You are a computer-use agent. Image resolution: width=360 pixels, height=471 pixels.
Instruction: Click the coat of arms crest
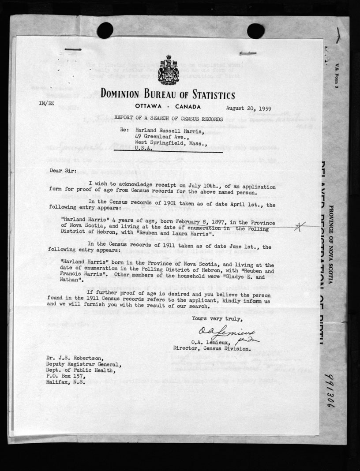tap(168, 70)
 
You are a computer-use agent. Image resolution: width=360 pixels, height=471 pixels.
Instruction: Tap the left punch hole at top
tap(105, 30)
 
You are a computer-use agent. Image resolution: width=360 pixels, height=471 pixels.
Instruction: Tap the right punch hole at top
tap(255, 30)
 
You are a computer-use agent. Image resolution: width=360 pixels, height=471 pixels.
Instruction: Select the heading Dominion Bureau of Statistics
tap(168, 94)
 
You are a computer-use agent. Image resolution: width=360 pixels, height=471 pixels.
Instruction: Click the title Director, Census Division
tap(212, 348)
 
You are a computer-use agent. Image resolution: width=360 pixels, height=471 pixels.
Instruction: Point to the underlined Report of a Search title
tap(168, 119)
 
